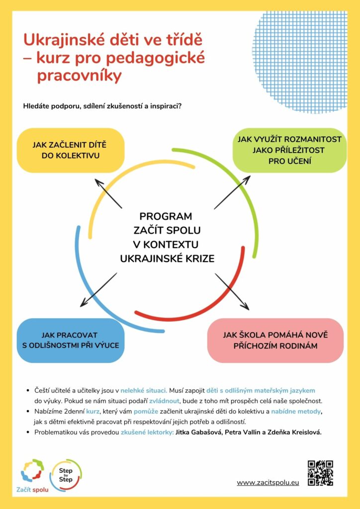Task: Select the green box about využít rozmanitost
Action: [290, 150]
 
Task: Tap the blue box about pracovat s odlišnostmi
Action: [70, 340]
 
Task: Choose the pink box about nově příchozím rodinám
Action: [275, 340]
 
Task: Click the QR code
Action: [320, 473]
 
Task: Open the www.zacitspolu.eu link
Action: [268, 483]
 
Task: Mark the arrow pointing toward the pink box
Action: [232, 290]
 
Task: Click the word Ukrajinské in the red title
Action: [57, 39]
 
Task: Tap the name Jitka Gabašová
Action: [198, 432]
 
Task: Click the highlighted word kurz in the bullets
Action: [93, 412]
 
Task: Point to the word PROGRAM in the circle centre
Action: [166, 216]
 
